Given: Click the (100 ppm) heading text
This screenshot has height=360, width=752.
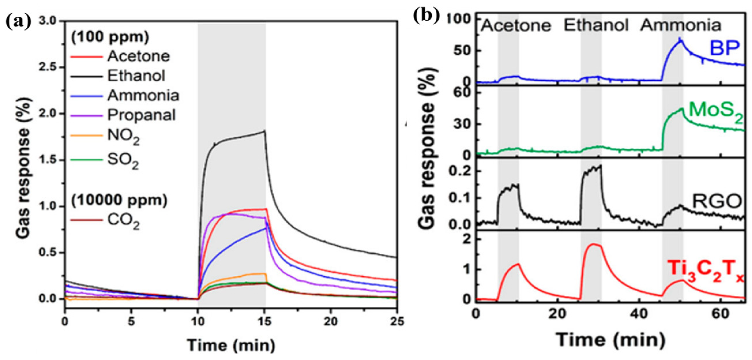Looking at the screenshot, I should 110,37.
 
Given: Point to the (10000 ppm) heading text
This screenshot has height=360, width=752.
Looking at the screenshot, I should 120,200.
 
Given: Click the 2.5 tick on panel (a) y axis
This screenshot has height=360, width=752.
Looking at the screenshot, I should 51,67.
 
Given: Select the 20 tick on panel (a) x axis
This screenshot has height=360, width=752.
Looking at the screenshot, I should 330,321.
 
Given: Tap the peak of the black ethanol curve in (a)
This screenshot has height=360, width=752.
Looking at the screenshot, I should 264,131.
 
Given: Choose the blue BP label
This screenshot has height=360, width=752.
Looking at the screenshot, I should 725,48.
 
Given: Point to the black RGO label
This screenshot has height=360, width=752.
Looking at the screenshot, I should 716,201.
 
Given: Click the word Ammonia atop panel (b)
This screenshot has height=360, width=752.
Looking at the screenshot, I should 681,25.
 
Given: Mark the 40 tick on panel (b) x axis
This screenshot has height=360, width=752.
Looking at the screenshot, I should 638,314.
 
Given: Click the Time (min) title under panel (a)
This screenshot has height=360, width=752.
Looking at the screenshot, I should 231,345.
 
